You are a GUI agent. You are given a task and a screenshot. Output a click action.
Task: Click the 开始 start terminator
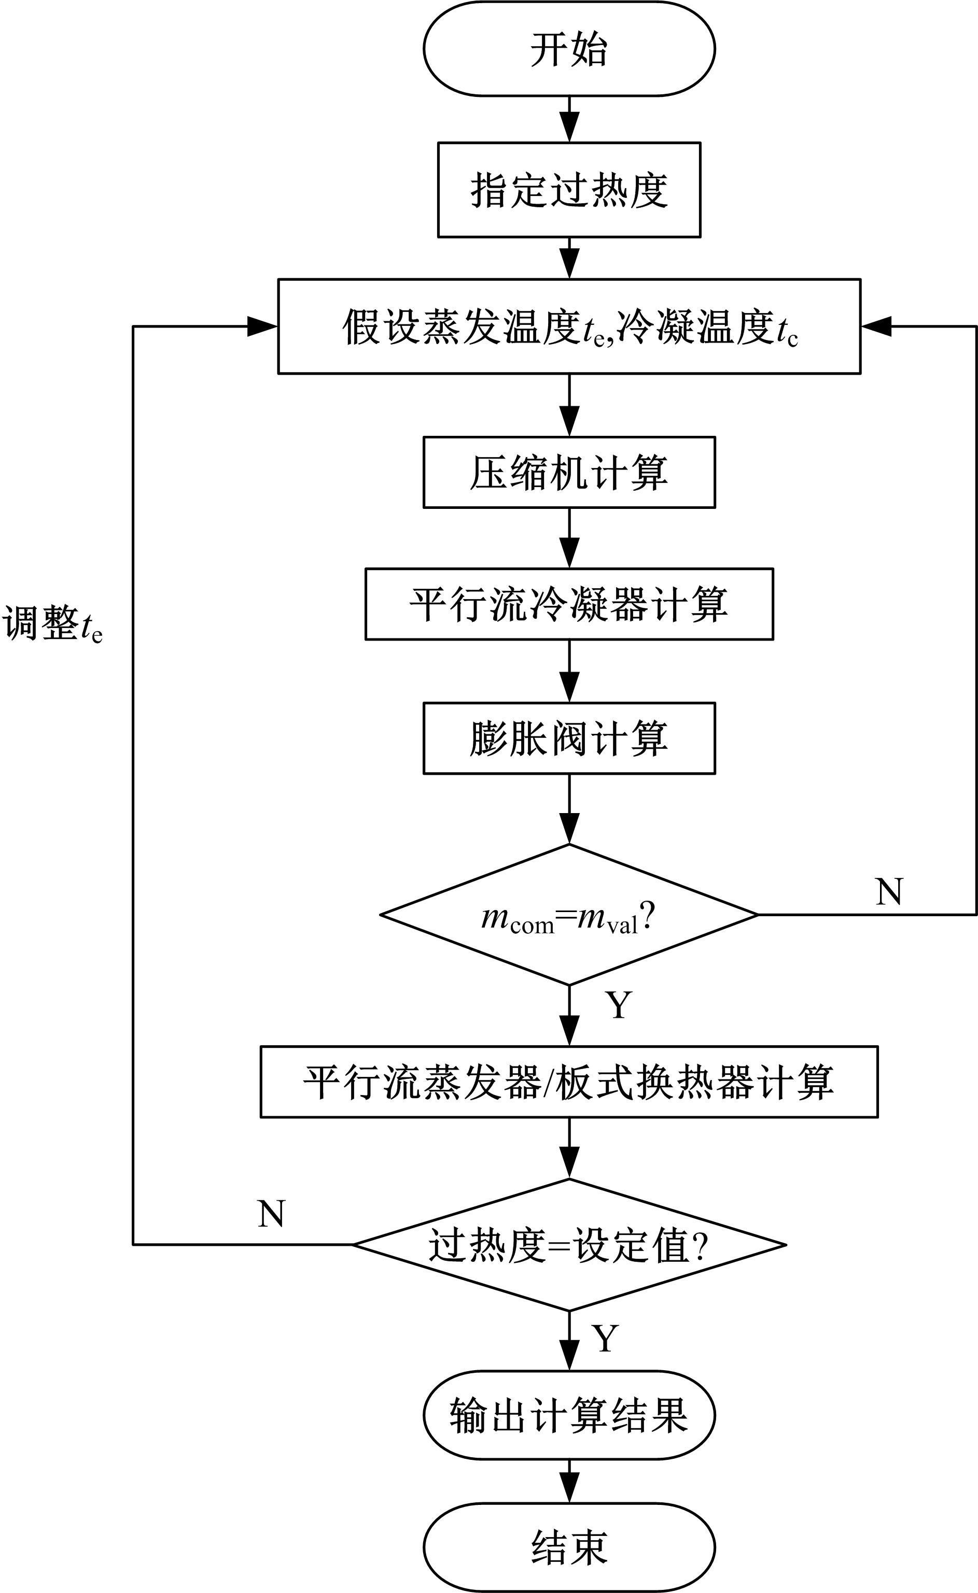pos(569,49)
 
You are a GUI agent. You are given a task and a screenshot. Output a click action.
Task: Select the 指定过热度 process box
pos(569,190)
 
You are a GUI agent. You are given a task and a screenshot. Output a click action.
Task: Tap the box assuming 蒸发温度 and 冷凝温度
pos(569,326)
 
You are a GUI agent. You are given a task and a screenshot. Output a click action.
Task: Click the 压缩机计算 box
pos(569,473)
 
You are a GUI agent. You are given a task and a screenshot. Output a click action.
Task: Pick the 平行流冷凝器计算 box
pos(569,604)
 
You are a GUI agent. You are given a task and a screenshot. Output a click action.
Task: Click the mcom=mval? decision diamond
pos(569,915)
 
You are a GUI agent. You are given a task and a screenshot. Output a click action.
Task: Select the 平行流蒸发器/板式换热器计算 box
pos(569,1082)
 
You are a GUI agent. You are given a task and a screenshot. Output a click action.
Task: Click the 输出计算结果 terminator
pos(569,1415)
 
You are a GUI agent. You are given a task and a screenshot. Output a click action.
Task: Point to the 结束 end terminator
pos(569,1546)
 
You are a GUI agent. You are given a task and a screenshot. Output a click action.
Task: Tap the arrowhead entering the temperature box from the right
pos(876,326)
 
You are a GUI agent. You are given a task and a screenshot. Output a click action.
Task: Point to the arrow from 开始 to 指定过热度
pos(569,120)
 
